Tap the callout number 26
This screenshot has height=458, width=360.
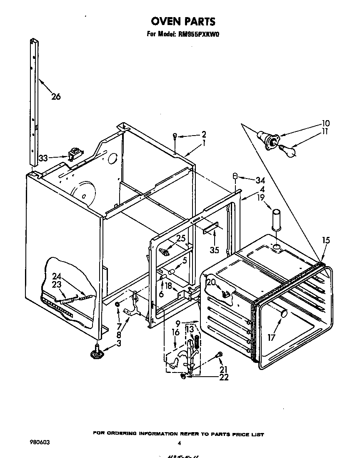tap(56, 97)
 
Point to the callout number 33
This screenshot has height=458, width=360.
tap(43, 158)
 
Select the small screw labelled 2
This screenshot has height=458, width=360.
tap(175, 136)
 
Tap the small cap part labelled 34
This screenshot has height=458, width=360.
tap(235, 177)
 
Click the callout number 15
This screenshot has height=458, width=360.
tap(326, 240)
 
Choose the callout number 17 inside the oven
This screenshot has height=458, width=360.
tap(272, 337)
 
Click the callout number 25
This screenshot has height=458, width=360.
tap(181, 239)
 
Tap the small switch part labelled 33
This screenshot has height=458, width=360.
tap(75, 155)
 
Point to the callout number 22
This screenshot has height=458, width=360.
tap(224, 377)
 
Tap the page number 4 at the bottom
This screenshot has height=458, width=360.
tap(180, 443)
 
